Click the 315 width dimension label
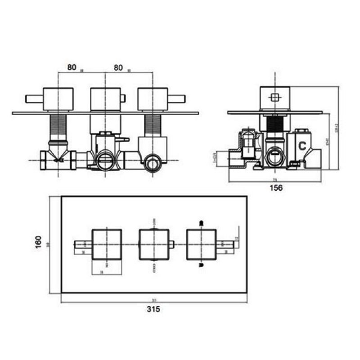154,309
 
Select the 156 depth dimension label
276,188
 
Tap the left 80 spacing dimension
72,67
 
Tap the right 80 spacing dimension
118,67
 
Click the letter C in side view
303,145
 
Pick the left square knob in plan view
107,244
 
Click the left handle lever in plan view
83,244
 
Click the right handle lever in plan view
225,244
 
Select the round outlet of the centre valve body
105,158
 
